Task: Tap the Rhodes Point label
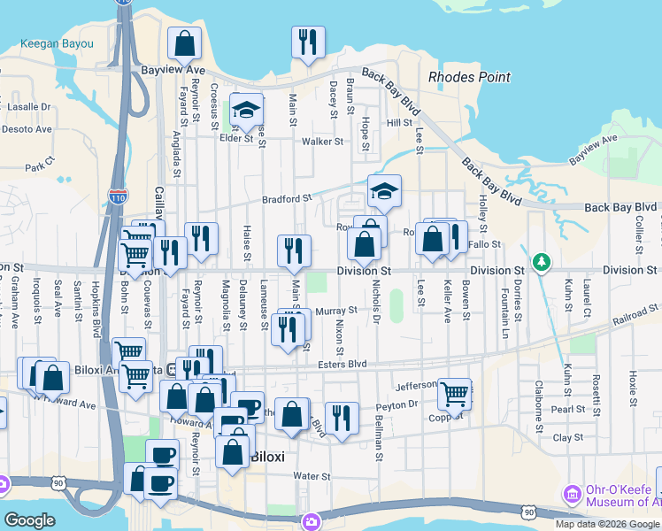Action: click(469, 77)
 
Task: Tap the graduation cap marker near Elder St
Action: click(247, 111)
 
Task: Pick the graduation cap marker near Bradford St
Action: click(384, 190)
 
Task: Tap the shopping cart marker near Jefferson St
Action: click(454, 392)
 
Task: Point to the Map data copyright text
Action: click(607, 524)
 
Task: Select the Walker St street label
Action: click(321, 141)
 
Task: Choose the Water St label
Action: click(312, 476)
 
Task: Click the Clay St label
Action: click(568, 437)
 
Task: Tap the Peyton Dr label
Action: click(396, 404)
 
